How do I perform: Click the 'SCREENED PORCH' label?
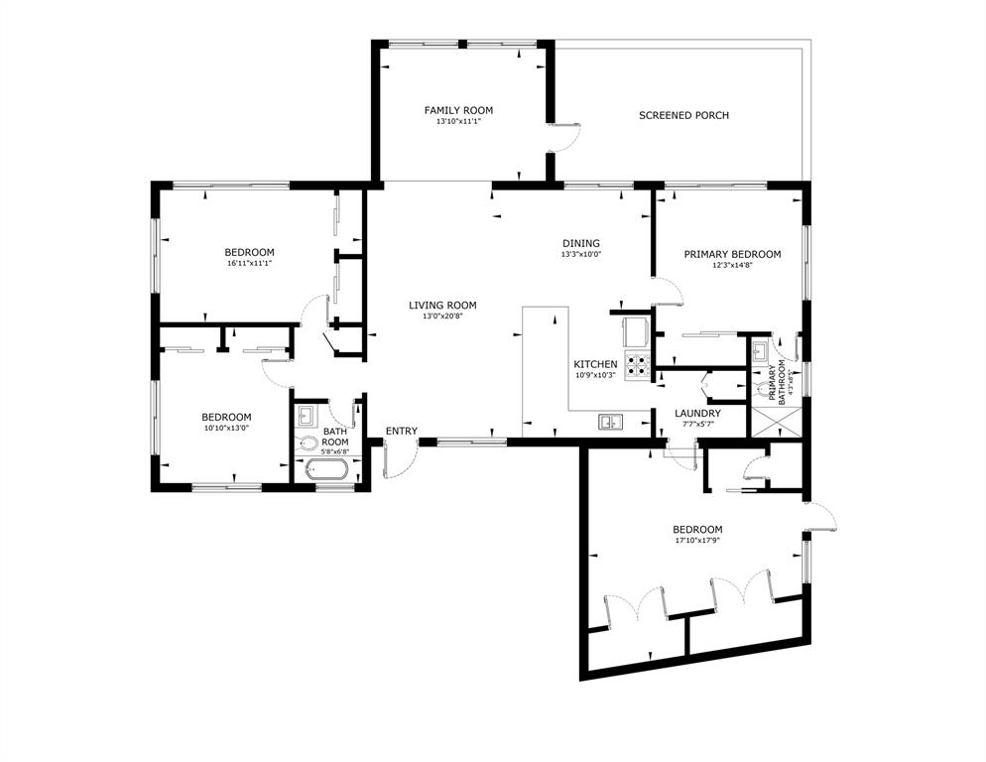683,116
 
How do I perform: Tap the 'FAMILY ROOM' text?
458,110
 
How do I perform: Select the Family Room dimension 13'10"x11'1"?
458,122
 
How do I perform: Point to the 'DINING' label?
580,243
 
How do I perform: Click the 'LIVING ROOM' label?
442,305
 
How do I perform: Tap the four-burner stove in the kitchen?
636,365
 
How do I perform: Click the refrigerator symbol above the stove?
635,328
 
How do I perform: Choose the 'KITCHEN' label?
595,364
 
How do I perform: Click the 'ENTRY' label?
402,431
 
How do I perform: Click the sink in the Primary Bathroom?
760,350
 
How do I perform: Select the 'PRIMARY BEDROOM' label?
732,254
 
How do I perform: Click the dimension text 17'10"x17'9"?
696,542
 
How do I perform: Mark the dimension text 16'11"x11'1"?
249,264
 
